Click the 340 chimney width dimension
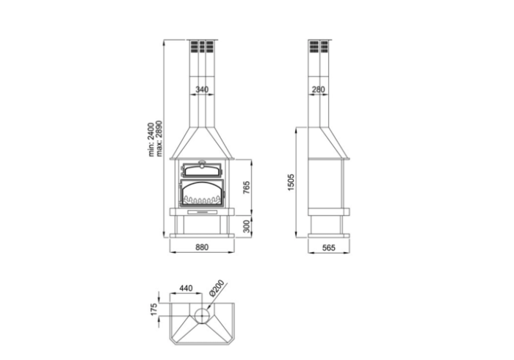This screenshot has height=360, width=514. coord(202,89)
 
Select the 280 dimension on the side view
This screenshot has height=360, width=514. coord(318,89)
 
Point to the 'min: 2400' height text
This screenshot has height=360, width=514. coord(151,140)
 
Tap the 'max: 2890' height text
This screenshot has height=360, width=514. coord(159,139)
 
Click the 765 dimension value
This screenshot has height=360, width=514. coord(247,187)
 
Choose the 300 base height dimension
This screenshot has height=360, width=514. coord(247,226)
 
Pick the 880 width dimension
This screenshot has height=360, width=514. coord(202,247)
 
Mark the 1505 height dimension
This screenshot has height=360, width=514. coord(291,183)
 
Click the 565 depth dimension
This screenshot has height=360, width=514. coord(329,248)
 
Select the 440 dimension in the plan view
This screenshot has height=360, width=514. coord(186,288)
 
